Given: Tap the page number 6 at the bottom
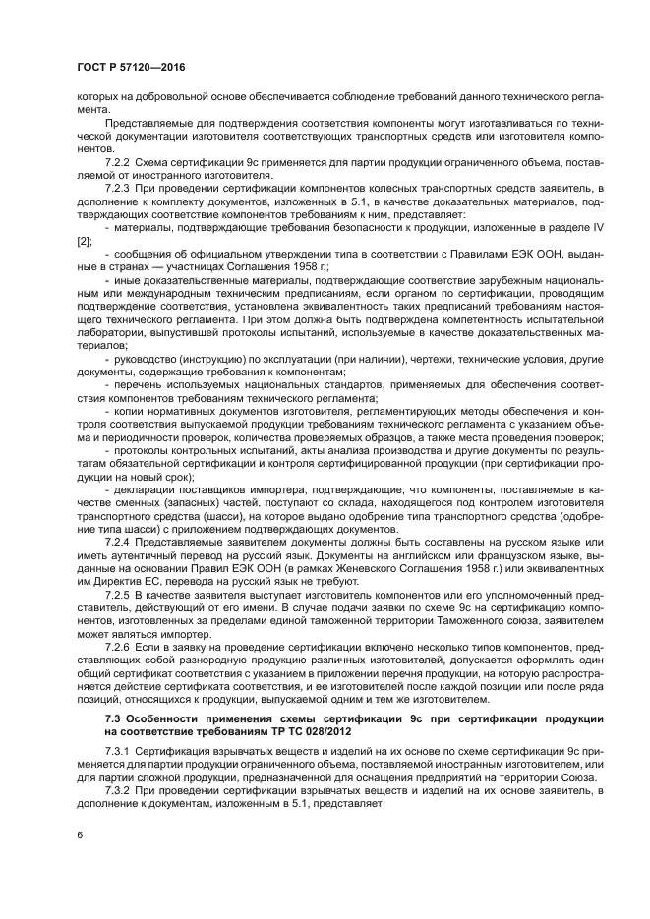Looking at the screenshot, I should point(80,834).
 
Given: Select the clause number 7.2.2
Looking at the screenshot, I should point(120,161).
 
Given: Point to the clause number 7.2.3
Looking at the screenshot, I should point(120,186).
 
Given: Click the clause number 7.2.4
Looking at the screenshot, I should point(120,541).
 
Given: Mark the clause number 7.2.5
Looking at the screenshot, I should point(120,596).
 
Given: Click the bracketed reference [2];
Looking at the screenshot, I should point(87,239).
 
